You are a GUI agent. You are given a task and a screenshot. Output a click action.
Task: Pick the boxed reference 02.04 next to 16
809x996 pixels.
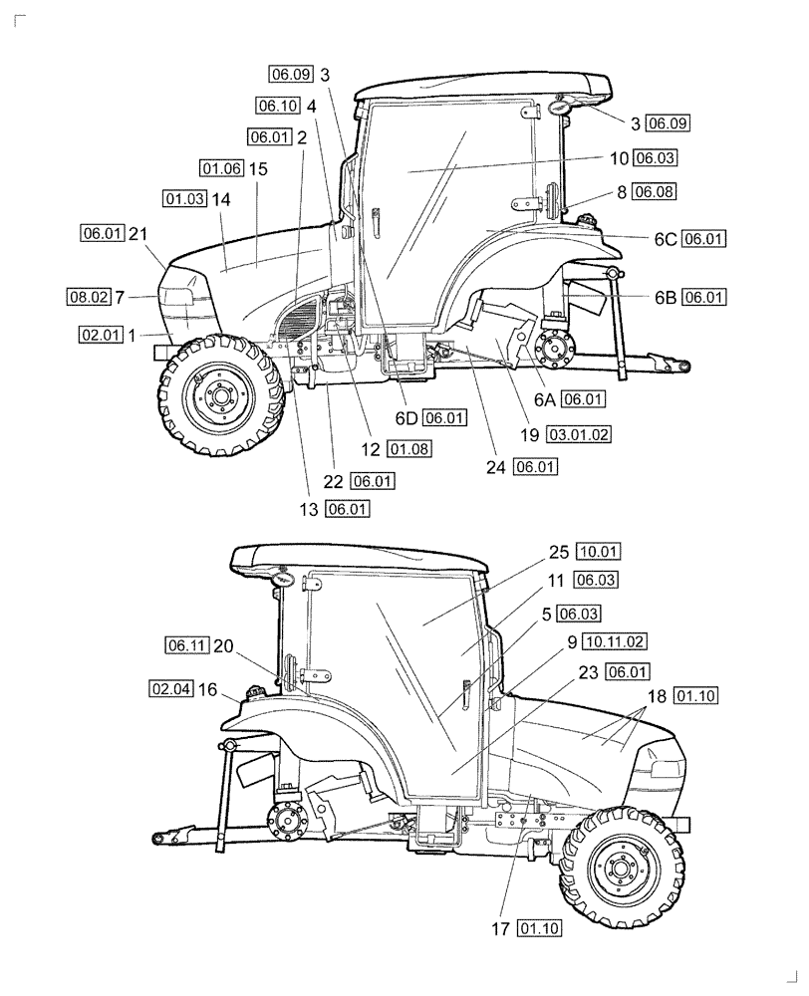pyautogui.click(x=170, y=688)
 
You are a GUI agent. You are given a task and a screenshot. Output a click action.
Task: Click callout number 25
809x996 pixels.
pyautogui.click(x=558, y=551)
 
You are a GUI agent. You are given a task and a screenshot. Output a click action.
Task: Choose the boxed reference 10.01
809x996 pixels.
pyautogui.click(x=598, y=551)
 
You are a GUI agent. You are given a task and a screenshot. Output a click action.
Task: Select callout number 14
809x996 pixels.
pyautogui.click(x=221, y=199)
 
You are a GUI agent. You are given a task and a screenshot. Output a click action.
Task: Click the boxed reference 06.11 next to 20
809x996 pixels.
pyautogui.click(x=186, y=645)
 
